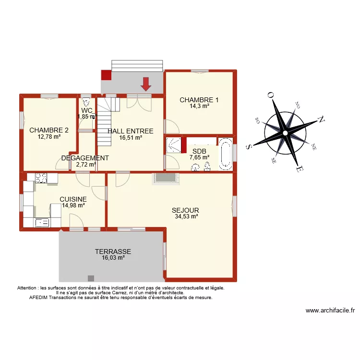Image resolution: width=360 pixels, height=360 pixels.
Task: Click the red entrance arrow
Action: (x=146, y=84)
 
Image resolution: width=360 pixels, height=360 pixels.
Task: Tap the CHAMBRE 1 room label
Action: (x=199, y=100)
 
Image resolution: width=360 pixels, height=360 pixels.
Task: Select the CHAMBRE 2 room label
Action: (x=48, y=130)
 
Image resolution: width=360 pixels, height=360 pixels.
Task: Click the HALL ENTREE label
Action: (x=131, y=131)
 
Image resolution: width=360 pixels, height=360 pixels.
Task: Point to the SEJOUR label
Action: (x=185, y=210)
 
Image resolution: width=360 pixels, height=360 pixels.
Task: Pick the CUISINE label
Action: (x=73, y=199)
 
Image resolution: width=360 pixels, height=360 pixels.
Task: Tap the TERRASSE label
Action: (x=113, y=252)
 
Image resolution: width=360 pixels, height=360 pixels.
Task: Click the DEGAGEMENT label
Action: (x=85, y=158)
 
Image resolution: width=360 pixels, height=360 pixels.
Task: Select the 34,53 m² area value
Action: (x=187, y=216)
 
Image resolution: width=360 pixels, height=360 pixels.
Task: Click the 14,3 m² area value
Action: (x=199, y=106)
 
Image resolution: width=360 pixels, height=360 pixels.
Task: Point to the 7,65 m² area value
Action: (x=199, y=157)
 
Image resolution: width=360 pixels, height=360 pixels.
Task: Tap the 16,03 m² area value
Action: (x=113, y=258)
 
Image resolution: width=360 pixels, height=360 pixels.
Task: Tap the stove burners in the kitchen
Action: (x=40, y=178)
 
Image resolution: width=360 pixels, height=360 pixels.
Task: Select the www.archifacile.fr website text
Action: (x=330, y=311)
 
